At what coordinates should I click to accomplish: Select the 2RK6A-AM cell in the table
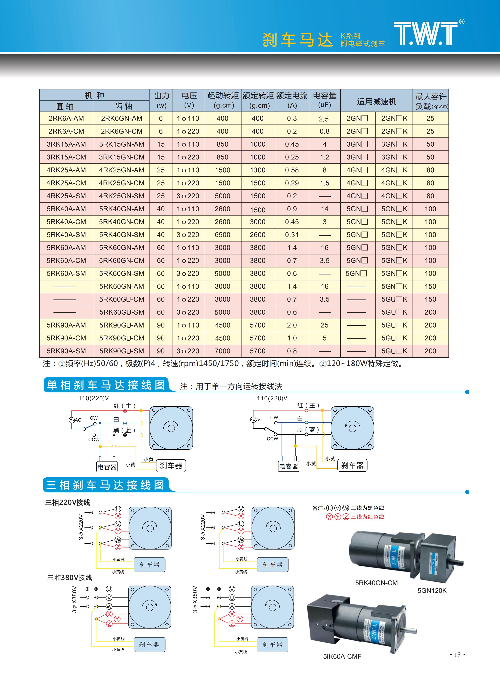(66, 119)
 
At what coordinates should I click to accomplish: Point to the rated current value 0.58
(292, 170)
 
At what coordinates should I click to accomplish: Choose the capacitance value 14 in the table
(324, 209)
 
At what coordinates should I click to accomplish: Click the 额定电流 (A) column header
(292, 100)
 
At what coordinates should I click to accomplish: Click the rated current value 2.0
(292, 325)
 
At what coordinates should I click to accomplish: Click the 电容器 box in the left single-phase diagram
(107, 467)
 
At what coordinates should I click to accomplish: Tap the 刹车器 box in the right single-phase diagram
(352, 466)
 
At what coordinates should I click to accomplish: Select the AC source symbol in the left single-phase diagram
(72, 420)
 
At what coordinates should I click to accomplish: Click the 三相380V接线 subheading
(69, 578)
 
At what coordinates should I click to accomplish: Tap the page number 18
(457, 655)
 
